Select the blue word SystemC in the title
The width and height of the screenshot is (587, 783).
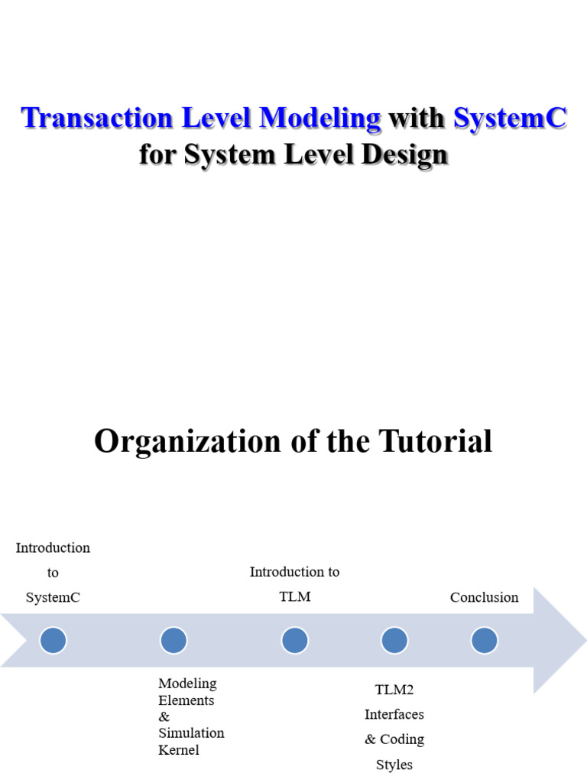coord(510,118)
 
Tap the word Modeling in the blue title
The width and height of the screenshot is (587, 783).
coord(320,118)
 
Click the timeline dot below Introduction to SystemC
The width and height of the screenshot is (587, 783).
coord(53,640)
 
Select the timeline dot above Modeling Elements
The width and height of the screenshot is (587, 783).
coord(174,640)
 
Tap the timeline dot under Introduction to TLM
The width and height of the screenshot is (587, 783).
coord(294,640)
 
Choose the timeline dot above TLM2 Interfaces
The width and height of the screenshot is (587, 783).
coord(394,640)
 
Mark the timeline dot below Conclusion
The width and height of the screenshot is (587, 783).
coord(484,640)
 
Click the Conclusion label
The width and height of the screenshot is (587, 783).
coord(484,597)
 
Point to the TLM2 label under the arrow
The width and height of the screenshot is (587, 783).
coord(394,690)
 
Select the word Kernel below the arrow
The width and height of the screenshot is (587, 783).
coord(178,749)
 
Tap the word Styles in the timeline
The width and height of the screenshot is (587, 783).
coord(394,764)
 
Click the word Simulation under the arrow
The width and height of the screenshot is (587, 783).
coord(191,733)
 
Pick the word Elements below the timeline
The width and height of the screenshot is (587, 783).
coord(186,700)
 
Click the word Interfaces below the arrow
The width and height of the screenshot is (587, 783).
coord(394,714)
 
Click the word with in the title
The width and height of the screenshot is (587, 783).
coord(417,118)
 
